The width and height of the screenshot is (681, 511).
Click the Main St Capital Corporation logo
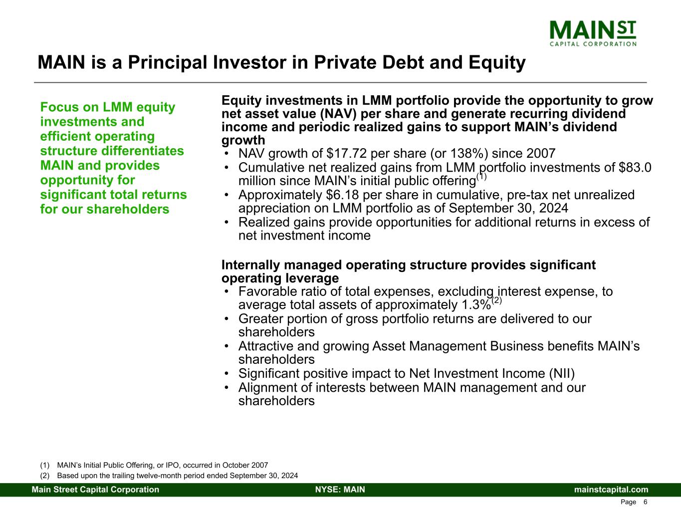point(593,33)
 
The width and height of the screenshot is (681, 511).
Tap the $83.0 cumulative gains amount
point(635,168)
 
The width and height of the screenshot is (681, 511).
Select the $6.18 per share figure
point(343,195)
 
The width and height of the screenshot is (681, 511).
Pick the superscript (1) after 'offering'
point(481,177)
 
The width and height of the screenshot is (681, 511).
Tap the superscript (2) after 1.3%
point(497,300)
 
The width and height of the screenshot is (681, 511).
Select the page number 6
point(645,502)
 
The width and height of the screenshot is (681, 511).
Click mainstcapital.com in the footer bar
point(611,490)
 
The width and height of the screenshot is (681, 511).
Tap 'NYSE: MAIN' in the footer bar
point(340,490)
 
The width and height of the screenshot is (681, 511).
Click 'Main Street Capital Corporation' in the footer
point(95,490)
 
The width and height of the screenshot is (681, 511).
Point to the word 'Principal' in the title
point(168,63)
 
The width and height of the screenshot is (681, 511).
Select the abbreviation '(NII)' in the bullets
point(562,374)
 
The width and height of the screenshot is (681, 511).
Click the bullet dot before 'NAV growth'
point(227,154)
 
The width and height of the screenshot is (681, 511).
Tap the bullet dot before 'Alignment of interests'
point(227,388)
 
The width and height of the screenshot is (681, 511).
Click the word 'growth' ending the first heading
point(243,141)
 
